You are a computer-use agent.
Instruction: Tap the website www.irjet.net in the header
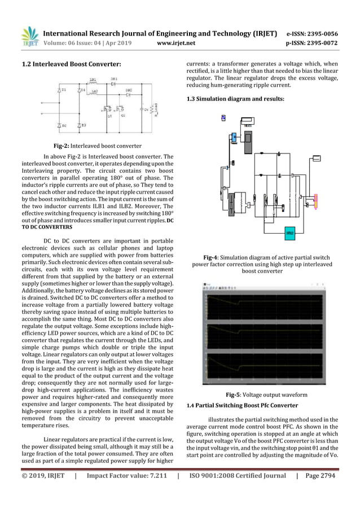(177, 43)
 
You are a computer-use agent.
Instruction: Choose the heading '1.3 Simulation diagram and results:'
(235, 99)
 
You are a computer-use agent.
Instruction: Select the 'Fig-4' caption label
(212, 257)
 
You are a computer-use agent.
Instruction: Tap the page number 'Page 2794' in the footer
(319, 476)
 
